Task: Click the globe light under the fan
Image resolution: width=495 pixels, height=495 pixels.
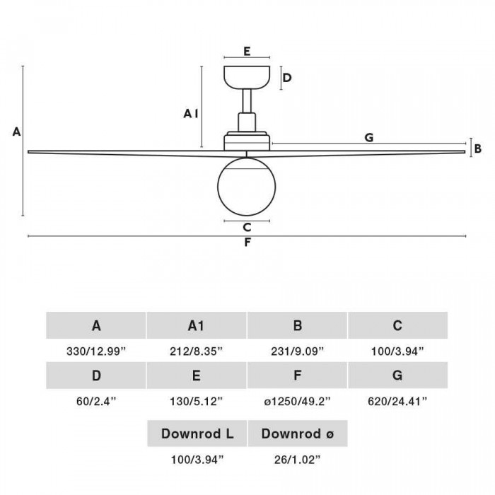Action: click(246, 184)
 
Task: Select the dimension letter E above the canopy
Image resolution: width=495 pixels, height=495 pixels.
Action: click(246, 51)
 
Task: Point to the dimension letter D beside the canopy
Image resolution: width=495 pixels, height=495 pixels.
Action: click(288, 77)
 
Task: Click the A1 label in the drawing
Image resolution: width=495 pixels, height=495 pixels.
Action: click(190, 113)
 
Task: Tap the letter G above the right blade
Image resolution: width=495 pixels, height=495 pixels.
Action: click(368, 138)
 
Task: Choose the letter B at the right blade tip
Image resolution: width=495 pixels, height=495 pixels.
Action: click(478, 148)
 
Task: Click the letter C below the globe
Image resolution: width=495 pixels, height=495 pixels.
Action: click(246, 227)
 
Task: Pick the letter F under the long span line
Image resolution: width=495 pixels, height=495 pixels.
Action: click(247, 243)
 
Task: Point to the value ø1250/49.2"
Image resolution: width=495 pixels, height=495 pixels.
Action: click(297, 401)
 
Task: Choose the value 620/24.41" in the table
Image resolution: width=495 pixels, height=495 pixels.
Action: click(397, 401)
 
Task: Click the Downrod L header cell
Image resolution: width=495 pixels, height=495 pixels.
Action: click(197, 433)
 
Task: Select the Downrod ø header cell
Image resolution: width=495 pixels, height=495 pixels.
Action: click(297, 433)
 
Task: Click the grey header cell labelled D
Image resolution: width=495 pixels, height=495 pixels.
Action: click(96, 375)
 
